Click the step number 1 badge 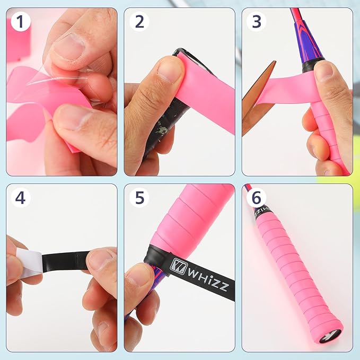click(20, 22)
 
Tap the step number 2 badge click(139, 22)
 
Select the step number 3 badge click(257, 22)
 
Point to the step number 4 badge click(20, 198)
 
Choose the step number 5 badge click(139, 198)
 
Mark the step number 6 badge click(257, 198)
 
